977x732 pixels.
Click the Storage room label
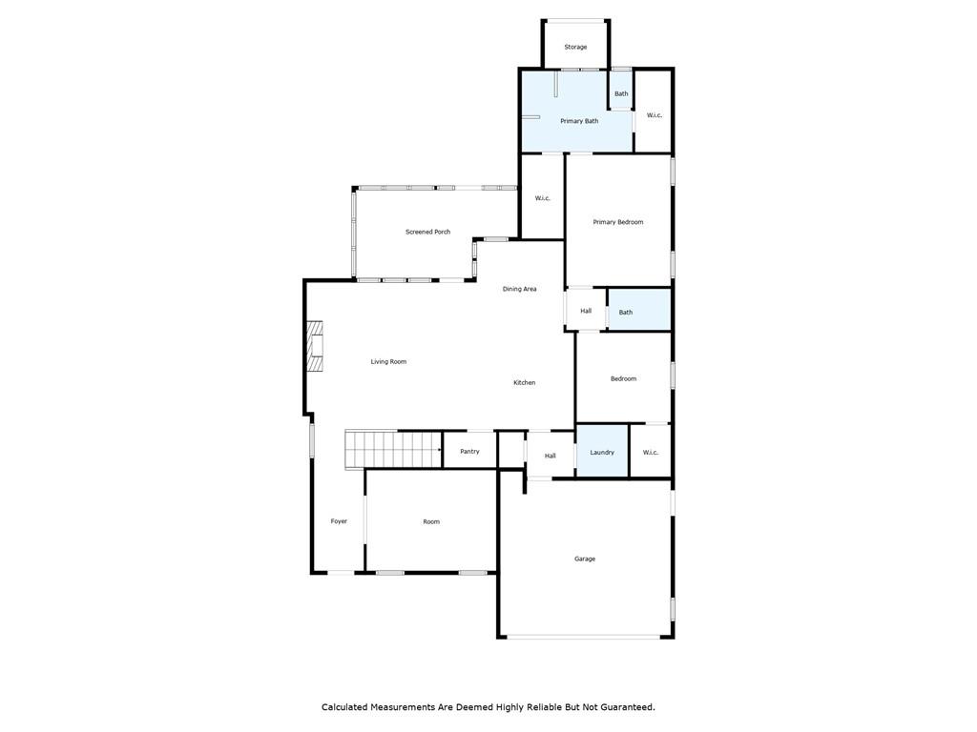coord(575,47)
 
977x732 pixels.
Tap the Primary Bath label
coord(579,121)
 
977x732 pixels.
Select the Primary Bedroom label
coord(618,222)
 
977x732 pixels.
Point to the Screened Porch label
coord(427,232)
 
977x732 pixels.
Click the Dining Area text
coord(520,289)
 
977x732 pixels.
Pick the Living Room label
coord(388,361)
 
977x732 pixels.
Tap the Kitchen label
coord(525,382)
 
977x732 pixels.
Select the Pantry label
coord(469,451)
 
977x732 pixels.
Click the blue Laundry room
coord(602,451)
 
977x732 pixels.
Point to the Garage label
coord(585,559)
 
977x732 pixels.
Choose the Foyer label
coord(339,521)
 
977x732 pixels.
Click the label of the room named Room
coord(431,521)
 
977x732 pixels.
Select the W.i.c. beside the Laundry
coord(651,452)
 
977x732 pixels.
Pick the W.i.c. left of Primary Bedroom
coord(542,198)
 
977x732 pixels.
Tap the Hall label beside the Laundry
coord(551,456)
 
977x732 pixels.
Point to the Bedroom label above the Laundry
coord(623,378)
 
